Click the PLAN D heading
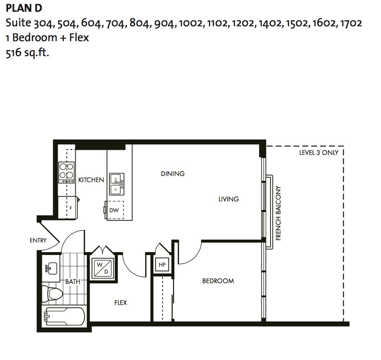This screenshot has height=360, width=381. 24,8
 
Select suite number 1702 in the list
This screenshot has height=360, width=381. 351,23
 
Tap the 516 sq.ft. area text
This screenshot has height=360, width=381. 28,53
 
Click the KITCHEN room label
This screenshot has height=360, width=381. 91,180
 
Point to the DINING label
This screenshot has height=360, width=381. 173,174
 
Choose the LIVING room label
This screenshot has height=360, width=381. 228,199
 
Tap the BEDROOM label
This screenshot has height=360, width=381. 218,281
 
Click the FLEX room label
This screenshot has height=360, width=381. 121,303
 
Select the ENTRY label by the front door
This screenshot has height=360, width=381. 38,241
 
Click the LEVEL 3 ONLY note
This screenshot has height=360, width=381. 319,152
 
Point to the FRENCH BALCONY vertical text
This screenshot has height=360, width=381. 278,213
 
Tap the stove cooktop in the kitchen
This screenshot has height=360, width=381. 66,172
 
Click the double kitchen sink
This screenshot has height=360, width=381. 116,184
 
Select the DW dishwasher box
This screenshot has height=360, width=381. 114,210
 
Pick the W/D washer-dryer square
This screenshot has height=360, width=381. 103,268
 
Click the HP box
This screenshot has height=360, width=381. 162,264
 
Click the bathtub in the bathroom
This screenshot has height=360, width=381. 64,316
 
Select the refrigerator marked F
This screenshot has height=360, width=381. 68,208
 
